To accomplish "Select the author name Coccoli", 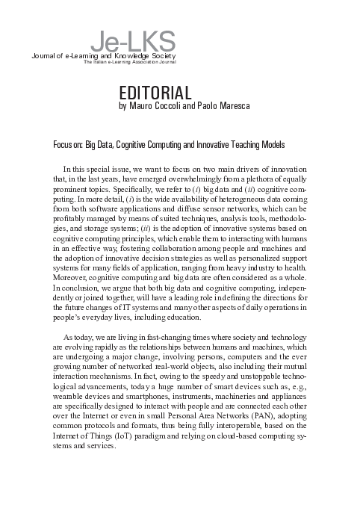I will point(173,108).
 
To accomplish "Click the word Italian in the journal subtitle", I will point(101,63).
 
